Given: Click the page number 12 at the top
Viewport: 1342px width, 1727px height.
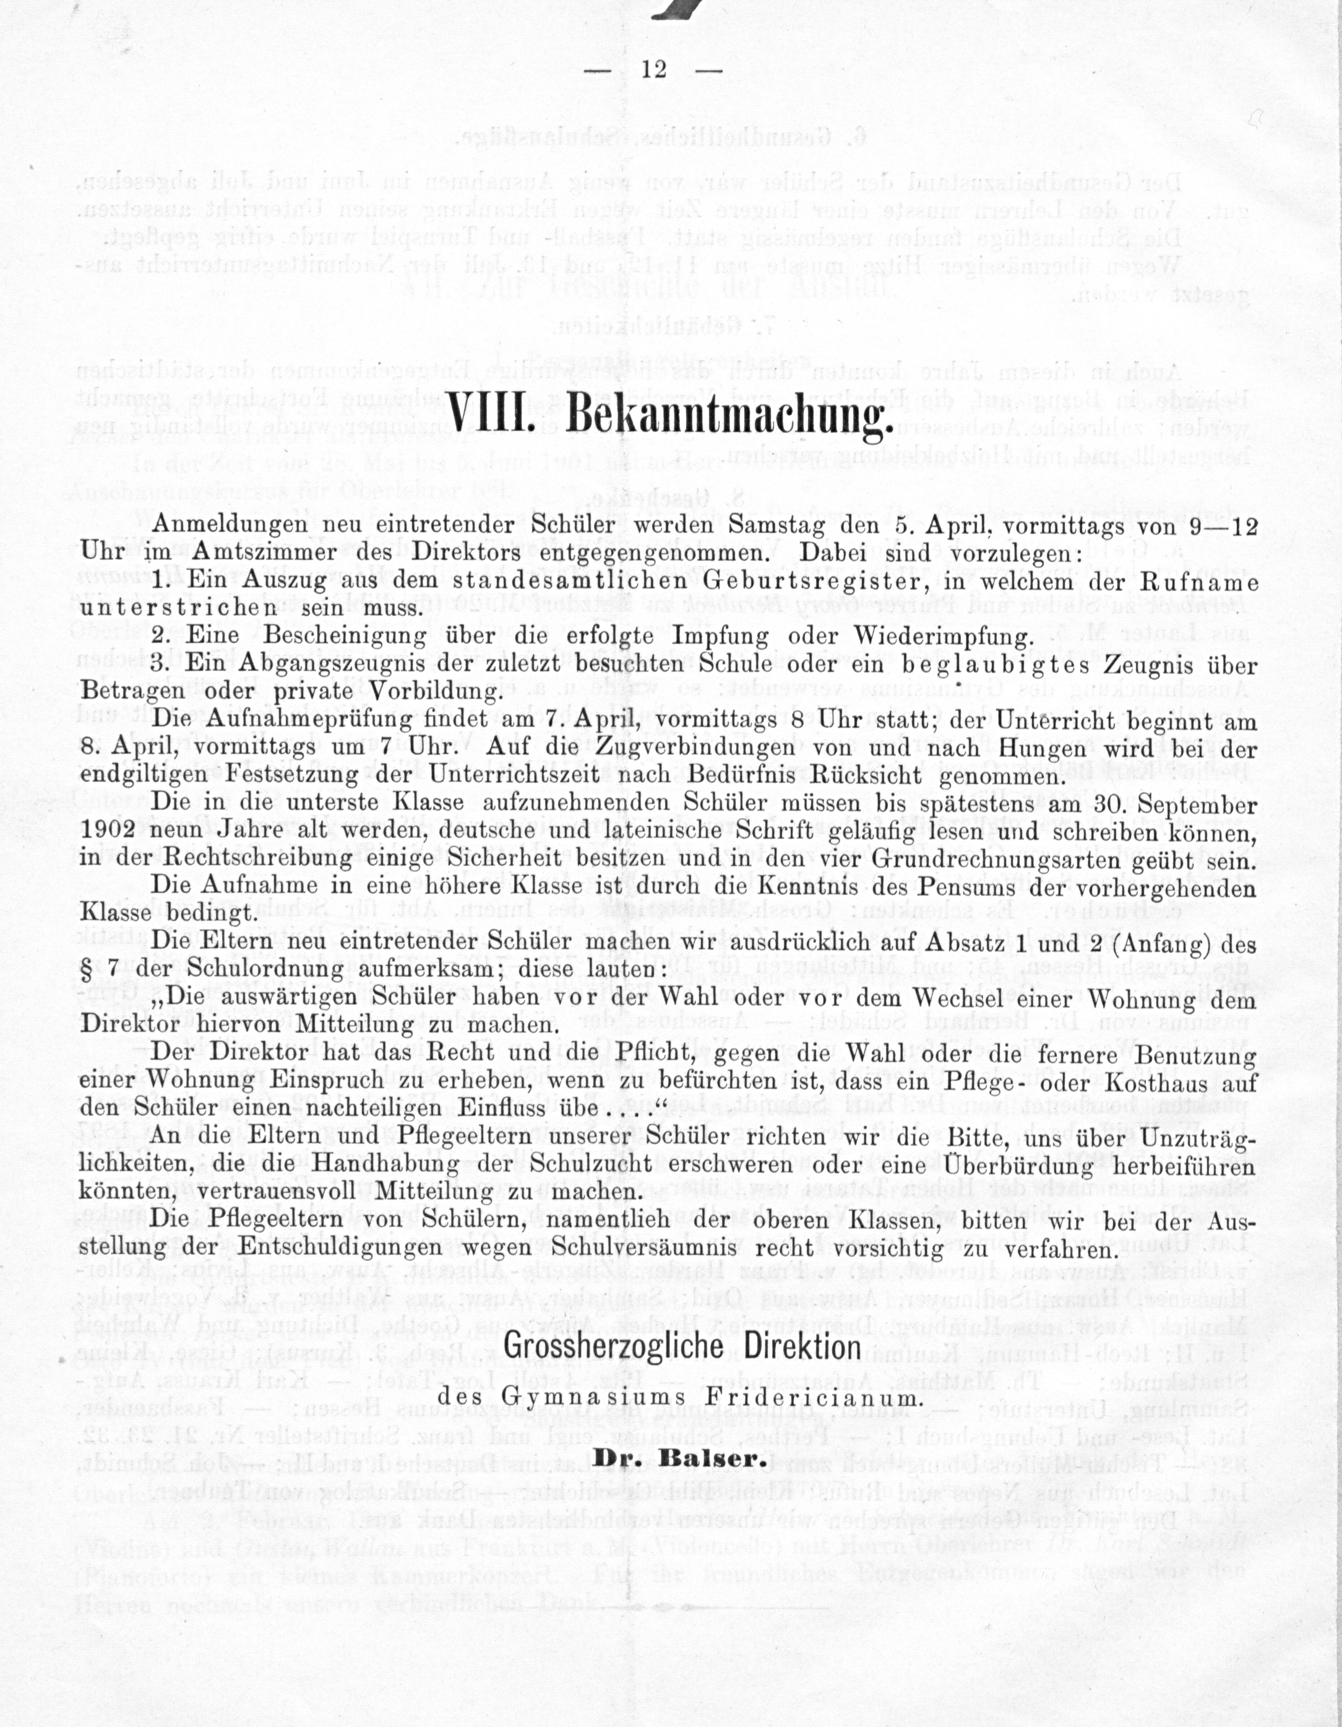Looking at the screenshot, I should click(x=654, y=69).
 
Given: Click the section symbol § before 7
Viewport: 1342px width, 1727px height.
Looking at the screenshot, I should click(x=87, y=970).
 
